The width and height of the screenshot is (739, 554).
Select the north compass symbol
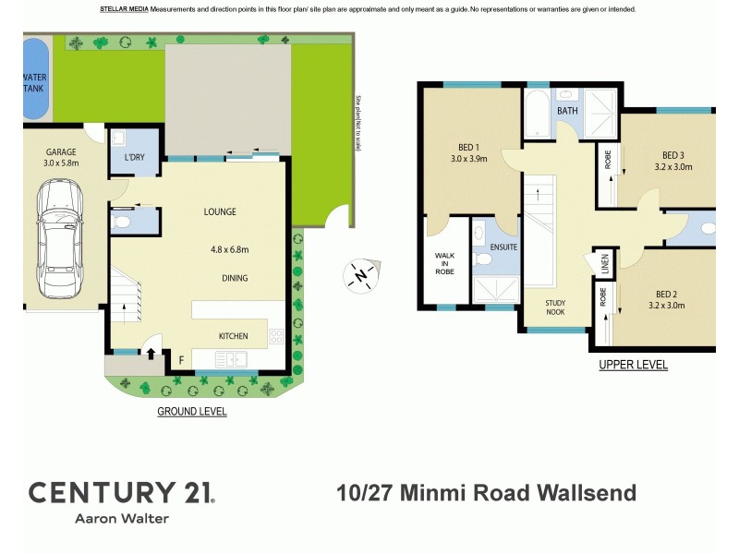(x=361, y=274)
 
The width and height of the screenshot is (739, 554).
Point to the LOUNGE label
(x=220, y=212)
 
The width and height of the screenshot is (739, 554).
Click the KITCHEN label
(x=233, y=336)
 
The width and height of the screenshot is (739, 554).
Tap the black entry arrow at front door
(x=151, y=352)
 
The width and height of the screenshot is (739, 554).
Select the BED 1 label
(x=469, y=148)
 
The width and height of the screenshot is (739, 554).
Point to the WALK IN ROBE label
(x=446, y=265)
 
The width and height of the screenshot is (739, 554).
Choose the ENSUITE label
(x=503, y=247)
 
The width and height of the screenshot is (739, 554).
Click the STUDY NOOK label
(x=556, y=307)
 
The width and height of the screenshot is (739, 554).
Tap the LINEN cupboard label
(x=605, y=263)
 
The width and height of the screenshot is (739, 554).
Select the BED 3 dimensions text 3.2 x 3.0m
(x=672, y=167)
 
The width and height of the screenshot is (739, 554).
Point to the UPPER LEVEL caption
(x=633, y=366)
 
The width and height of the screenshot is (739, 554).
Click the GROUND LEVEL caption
(x=192, y=412)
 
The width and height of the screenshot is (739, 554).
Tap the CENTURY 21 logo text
(x=121, y=492)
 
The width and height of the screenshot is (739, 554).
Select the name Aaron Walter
(x=121, y=519)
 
